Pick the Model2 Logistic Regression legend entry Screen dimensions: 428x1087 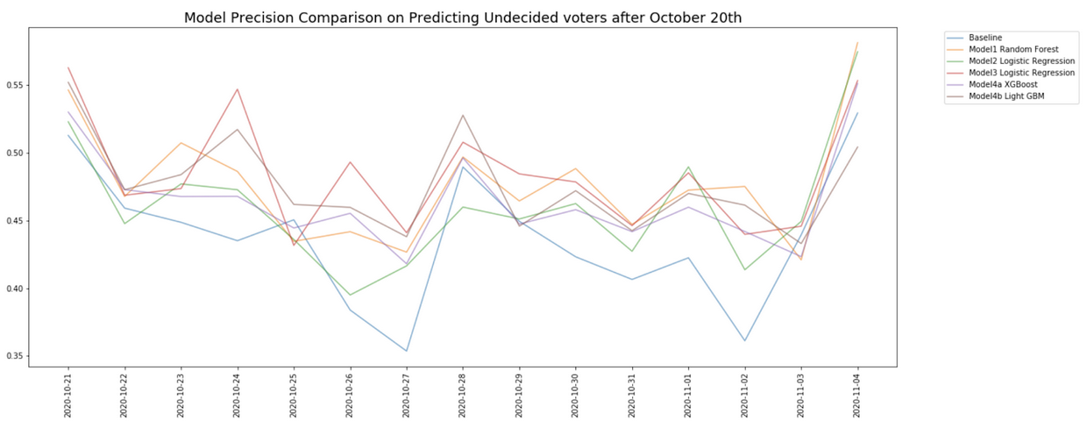click(1021, 61)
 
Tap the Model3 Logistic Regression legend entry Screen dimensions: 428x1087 click(1021, 73)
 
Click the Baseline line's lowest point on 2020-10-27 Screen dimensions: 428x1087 click(407, 351)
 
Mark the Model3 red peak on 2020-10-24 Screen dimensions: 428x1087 click(238, 89)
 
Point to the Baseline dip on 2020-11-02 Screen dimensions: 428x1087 click(745, 340)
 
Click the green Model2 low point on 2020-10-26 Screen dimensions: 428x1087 click(351, 295)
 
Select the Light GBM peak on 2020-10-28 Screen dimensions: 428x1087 click(463, 115)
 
